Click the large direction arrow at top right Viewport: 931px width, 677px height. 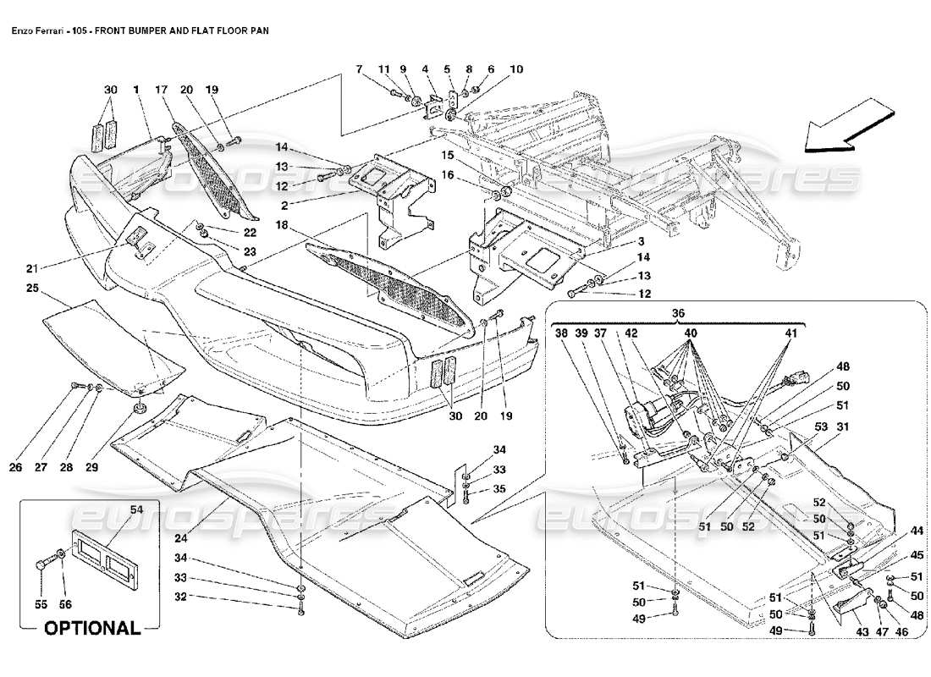click(849, 126)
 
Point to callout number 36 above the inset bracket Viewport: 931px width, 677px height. click(677, 312)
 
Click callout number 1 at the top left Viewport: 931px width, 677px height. click(135, 89)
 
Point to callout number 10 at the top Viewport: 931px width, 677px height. click(516, 69)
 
